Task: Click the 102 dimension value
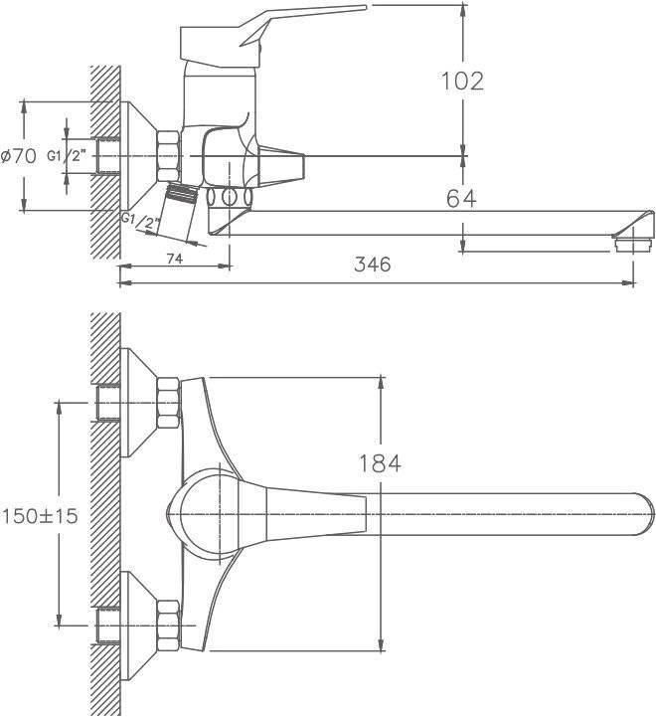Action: coord(462,82)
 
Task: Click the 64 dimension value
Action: coord(461,199)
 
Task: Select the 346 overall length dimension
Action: coord(373,265)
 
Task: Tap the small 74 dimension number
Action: coord(175,259)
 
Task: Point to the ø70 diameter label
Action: coord(19,156)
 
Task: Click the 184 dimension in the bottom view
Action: coord(380,463)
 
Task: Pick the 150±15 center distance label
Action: coord(40,516)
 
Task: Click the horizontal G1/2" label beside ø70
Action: coord(67,156)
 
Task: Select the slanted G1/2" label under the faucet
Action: coord(141,222)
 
